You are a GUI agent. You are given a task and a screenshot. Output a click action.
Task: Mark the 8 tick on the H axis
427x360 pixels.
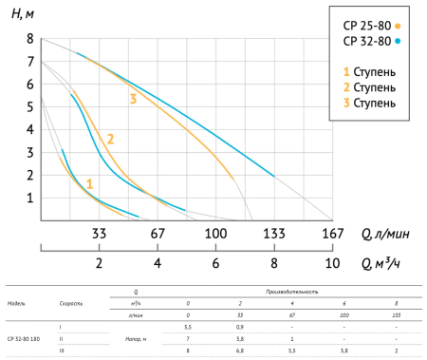(x=29, y=40)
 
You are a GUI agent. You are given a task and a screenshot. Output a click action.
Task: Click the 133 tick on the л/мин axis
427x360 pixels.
(x=273, y=232)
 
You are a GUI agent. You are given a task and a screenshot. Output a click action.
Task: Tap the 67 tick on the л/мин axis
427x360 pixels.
(x=158, y=232)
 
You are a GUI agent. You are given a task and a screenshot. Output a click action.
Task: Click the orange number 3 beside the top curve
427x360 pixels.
(x=133, y=99)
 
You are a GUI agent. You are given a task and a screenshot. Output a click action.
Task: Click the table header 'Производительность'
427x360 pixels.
(x=298, y=294)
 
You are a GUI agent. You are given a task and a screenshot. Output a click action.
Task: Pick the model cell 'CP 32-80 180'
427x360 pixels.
(x=23, y=338)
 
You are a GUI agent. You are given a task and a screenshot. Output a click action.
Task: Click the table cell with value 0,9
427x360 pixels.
(x=241, y=327)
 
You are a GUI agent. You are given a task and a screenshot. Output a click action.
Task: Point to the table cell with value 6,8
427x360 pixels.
(x=241, y=350)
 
